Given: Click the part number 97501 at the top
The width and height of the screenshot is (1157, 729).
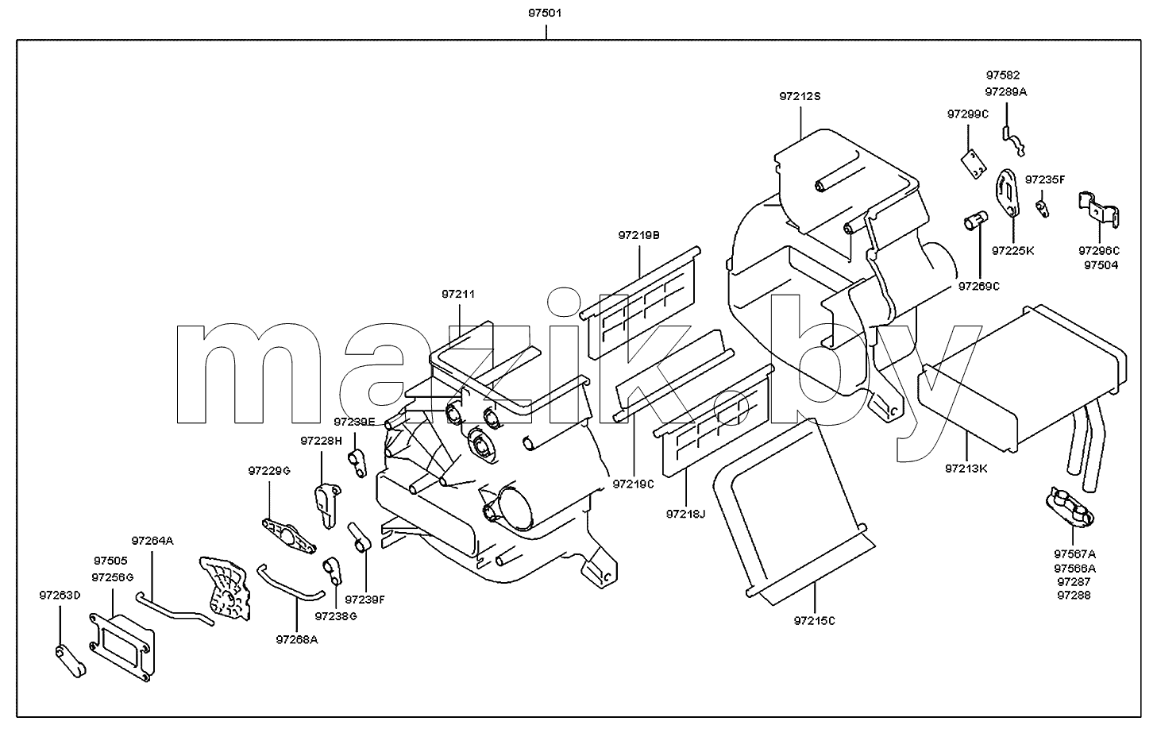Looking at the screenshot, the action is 545,13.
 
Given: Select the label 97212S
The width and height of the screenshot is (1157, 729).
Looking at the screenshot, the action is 800,96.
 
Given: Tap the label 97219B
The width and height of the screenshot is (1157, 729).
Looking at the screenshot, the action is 639,235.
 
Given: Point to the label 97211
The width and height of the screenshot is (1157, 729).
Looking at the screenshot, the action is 457,294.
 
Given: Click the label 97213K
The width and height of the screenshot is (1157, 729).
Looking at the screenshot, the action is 966,469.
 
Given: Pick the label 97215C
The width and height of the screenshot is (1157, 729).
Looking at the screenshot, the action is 814,620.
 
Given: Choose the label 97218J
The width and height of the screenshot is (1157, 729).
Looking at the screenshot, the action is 685,514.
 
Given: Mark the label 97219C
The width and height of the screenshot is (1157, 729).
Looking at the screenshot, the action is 633,484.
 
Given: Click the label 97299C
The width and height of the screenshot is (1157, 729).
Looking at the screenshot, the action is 967,114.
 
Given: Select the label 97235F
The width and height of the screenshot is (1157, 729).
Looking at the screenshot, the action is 1045,179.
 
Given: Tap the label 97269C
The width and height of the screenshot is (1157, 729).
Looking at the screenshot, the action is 979,286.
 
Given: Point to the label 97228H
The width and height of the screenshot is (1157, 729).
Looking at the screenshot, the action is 322,441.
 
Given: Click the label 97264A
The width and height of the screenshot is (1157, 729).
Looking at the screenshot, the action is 152,541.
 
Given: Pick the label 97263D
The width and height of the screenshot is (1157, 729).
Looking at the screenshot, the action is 60,595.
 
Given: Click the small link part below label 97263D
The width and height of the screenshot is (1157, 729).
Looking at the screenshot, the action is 70,661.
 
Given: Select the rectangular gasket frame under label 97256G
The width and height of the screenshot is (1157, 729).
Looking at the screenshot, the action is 122,647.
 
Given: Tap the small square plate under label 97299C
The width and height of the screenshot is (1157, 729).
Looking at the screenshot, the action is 974,164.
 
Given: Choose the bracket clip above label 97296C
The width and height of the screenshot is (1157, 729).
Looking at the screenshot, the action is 1098,210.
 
